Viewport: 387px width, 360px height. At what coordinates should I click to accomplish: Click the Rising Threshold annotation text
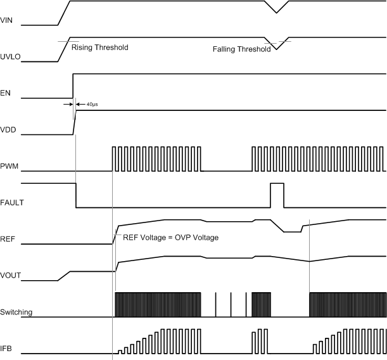99,48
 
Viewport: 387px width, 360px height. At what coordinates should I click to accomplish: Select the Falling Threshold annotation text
241,48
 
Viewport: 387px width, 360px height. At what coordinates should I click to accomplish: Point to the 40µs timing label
91,103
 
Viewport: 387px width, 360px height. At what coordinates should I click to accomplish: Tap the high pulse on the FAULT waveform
277,195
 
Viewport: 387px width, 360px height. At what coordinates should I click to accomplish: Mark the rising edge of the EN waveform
73,86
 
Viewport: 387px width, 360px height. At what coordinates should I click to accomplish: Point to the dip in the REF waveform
291,231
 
